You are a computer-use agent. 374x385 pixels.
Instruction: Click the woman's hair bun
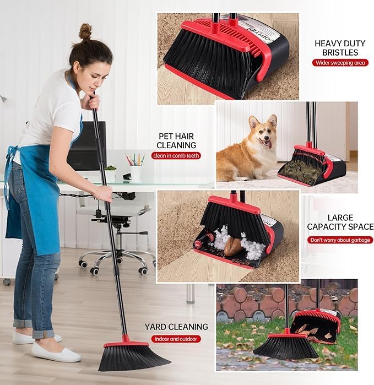click(x=85, y=31)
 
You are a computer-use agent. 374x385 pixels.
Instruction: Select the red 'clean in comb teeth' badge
click(x=177, y=156)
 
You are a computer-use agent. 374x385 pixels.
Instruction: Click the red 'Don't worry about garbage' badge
click(x=340, y=240)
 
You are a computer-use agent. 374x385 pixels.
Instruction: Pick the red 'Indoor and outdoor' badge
click(x=176, y=339)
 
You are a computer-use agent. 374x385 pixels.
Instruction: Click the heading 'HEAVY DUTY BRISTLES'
click(x=336, y=47)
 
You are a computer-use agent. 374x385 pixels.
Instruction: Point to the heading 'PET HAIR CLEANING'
click(x=176, y=140)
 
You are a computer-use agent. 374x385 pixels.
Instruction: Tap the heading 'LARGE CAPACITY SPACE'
click(x=340, y=222)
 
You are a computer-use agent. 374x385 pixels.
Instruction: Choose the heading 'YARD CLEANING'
click(x=176, y=327)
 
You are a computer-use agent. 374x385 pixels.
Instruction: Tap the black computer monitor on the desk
click(x=85, y=146)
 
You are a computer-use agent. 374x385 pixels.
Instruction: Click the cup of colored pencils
click(x=135, y=168)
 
